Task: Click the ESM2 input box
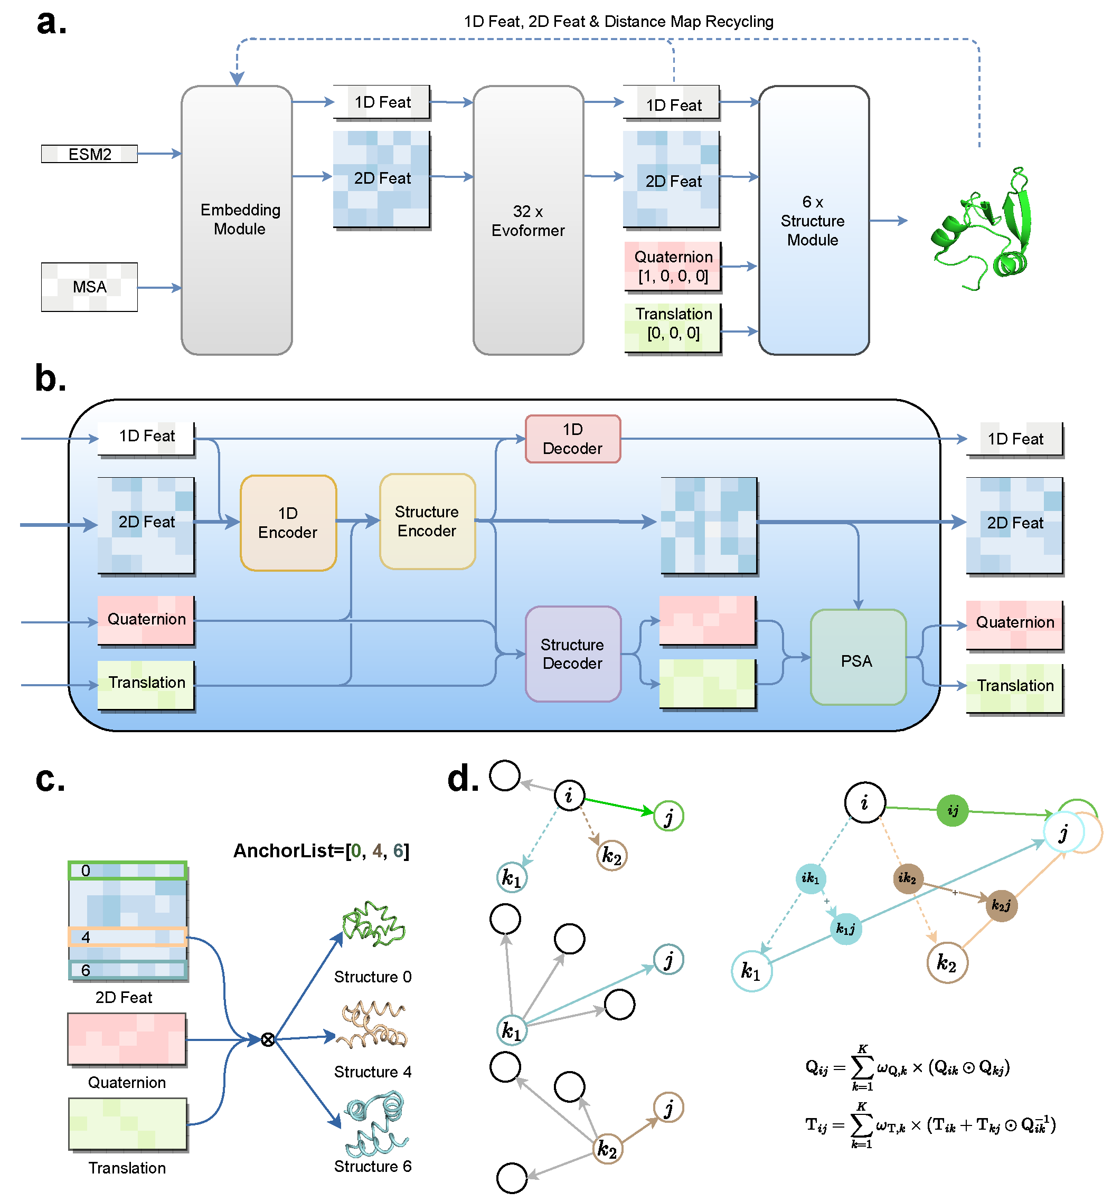(x=89, y=154)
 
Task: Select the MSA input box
(x=89, y=287)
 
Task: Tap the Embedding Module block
(x=237, y=220)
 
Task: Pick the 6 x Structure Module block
(x=814, y=220)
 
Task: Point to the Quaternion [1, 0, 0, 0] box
(x=673, y=267)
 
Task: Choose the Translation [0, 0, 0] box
(x=673, y=324)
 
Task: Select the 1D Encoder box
(x=288, y=522)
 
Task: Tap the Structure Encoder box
(x=427, y=521)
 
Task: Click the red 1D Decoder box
(x=573, y=439)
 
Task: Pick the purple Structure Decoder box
(x=573, y=654)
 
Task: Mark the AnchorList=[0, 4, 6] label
(x=322, y=850)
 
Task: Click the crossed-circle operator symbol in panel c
(x=268, y=1039)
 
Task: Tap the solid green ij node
(x=953, y=810)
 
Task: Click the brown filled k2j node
(x=1001, y=905)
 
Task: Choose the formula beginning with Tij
(x=930, y=1125)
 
